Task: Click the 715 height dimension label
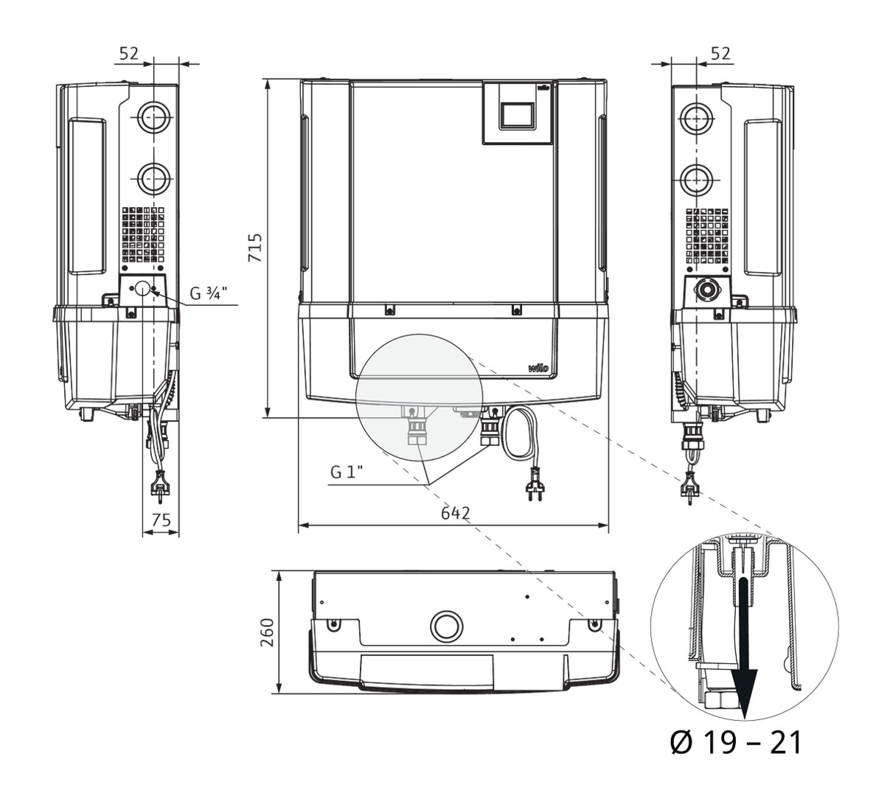point(254,248)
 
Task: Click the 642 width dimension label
point(455,514)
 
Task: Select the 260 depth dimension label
point(268,632)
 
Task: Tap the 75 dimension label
point(161,520)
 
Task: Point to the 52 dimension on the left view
point(129,53)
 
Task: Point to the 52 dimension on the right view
point(720,53)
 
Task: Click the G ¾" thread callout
point(209,293)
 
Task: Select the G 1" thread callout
point(347,472)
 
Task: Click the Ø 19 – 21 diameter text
point(736,742)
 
